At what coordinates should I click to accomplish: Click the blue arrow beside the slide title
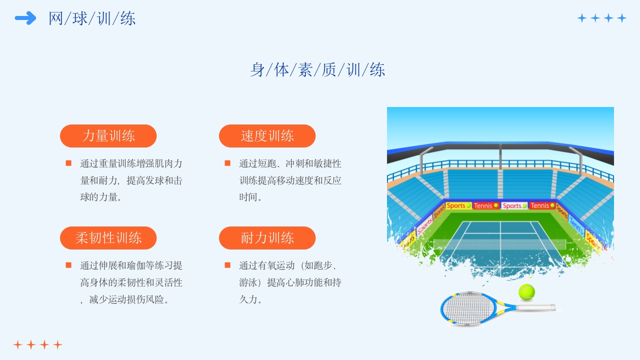click(x=25, y=18)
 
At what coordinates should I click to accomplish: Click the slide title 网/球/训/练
click(x=92, y=18)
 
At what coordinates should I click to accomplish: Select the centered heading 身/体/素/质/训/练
click(x=317, y=69)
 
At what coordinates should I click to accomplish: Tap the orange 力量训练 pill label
click(x=108, y=136)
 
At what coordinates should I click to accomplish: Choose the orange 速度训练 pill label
click(x=267, y=136)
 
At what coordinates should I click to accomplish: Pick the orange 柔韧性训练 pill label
click(x=108, y=238)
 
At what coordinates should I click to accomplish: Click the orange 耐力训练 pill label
click(x=267, y=238)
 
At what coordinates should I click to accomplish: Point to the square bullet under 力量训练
click(x=68, y=163)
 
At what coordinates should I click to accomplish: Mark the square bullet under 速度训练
click(x=227, y=163)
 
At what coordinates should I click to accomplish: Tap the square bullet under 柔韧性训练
click(x=68, y=265)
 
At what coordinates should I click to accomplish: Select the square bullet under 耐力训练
click(x=227, y=265)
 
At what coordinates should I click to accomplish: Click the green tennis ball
click(x=526, y=292)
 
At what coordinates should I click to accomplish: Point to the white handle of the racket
click(x=535, y=307)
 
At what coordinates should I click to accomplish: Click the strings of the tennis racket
click(x=468, y=308)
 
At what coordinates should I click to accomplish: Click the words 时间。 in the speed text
click(x=250, y=197)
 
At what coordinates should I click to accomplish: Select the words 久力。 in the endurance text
click(x=250, y=299)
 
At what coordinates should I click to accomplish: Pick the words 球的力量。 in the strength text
click(x=101, y=197)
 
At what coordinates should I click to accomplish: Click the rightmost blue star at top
click(x=621, y=18)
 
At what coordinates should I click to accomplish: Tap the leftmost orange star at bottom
click(x=17, y=345)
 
